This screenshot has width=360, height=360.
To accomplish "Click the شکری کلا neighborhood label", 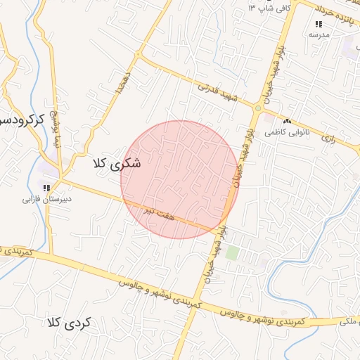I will tap(117, 164).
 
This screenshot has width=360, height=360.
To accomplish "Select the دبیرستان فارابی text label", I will tap(48, 199).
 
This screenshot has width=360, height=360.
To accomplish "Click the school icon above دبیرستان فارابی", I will tap(47, 188).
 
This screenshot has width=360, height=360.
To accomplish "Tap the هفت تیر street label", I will tap(158, 212).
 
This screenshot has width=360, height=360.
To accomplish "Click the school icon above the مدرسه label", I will tap(319, 24).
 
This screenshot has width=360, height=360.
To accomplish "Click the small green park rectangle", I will tap(233, 252).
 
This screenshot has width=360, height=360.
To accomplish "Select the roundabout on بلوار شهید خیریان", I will tap(258, 110).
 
